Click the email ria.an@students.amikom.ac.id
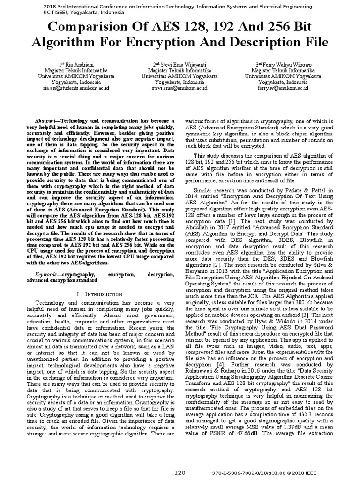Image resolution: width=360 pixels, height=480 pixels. pyautogui.click(x=76, y=87)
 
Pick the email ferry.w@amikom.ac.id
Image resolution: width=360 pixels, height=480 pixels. pyautogui.click(x=283, y=87)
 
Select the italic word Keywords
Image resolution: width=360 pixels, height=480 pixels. pyautogui.click(x=47, y=273)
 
